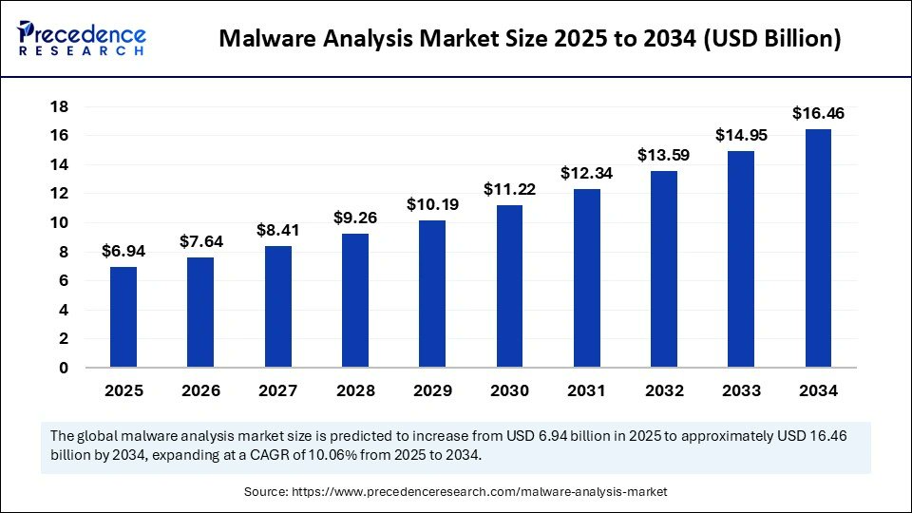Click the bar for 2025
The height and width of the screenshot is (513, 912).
(x=123, y=316)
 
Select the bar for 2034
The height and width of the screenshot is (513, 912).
(x=818, y=248)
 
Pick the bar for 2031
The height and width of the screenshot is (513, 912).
(x=587, y=277)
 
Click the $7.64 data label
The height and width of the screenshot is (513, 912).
(x=200, y=242)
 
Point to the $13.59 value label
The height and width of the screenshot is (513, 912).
(x=664, y=155)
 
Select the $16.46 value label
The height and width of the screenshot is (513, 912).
(x=818, y=114)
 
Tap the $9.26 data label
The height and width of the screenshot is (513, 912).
(x=355, y=218)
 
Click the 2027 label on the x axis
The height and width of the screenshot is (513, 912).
(x=277, y=390)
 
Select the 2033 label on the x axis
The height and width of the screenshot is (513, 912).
(x=741, y=390)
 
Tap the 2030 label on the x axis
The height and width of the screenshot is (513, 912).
(x=509, y=390)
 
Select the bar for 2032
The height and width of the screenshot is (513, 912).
(x=664, y=269)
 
